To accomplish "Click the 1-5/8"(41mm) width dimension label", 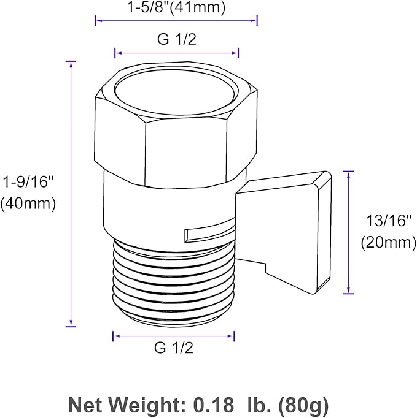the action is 176,7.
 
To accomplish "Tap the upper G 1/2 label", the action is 177,39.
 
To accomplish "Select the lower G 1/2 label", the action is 174,348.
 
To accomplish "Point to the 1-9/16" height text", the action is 28,182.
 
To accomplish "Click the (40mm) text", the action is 28,203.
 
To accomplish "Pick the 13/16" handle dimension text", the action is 388,221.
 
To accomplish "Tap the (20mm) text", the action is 389,242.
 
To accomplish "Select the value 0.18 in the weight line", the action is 214,405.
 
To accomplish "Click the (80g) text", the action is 303,406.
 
